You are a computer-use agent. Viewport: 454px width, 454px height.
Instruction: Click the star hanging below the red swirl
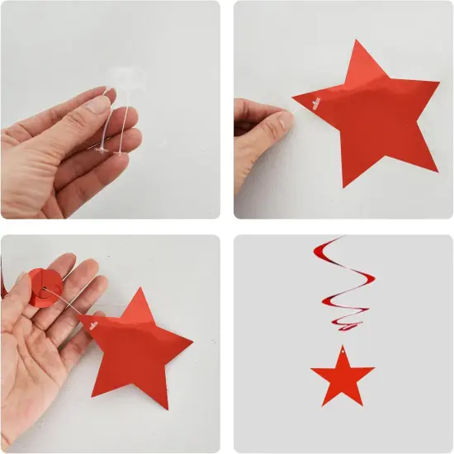343,376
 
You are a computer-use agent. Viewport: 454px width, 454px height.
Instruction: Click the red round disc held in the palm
40,287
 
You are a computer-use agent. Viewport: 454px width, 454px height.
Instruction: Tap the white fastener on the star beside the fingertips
314,102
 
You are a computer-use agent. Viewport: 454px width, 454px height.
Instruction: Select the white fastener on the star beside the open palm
92,323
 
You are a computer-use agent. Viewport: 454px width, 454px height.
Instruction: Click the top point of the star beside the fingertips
360,42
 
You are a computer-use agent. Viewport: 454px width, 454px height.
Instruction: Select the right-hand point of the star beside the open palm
191,340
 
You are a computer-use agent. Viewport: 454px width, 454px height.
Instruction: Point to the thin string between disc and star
66,302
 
